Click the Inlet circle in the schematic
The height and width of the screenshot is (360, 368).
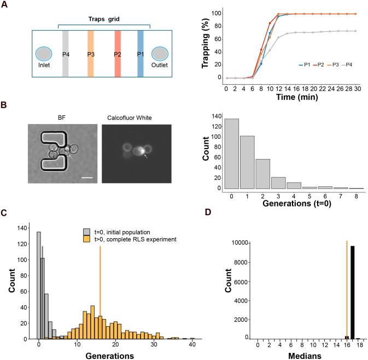43,54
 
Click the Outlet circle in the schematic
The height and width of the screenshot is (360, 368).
160,54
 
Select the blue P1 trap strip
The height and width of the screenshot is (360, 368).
140,54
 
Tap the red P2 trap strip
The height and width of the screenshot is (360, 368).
117,54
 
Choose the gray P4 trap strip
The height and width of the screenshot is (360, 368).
66,54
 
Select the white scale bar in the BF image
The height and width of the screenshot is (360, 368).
85,176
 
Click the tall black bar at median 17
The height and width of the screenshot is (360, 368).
353,292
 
